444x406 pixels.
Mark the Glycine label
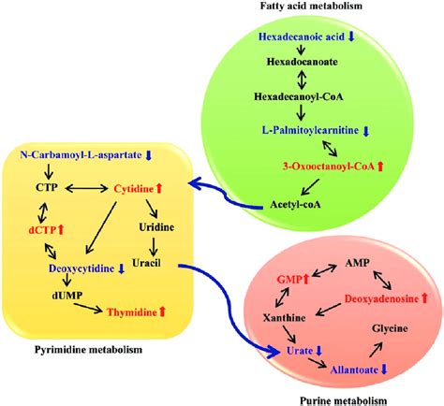[x=391, y=329]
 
